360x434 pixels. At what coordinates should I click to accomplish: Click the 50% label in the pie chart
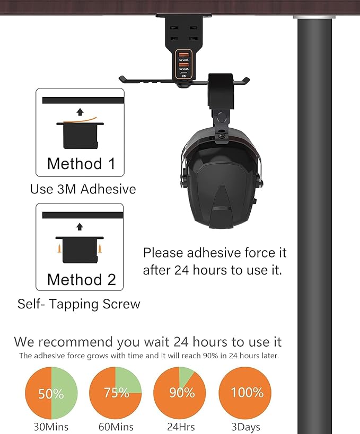[x=51, y=394]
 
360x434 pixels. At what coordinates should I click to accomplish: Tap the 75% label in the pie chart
[x=117, y=393]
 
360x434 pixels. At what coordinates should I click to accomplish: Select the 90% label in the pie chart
[x=182, y=393]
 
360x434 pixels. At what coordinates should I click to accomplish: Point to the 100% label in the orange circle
[x=247, y=393]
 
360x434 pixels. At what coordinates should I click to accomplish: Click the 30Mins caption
[x=51, y=427]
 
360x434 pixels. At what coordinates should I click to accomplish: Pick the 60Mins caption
[x=116, y=427]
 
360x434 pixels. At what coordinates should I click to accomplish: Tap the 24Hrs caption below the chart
[x=181, y=427]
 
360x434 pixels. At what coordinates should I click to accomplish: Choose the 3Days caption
[x=245, y=427]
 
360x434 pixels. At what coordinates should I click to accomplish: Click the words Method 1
[x=81, y=164]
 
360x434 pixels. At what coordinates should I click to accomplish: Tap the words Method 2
[x=82, y=279]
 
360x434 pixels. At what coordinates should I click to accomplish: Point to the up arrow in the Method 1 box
[x=80, y=112]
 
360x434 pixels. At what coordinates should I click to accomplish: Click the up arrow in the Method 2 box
[x=80, y=227]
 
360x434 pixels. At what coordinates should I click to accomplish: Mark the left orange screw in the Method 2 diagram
[x=59, y=249]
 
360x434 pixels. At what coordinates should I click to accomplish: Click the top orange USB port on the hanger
[x=184, y=54]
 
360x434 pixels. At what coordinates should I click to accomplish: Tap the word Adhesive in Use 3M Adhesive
[x=108, y=189]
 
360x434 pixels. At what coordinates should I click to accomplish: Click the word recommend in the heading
[x=76, y=342]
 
